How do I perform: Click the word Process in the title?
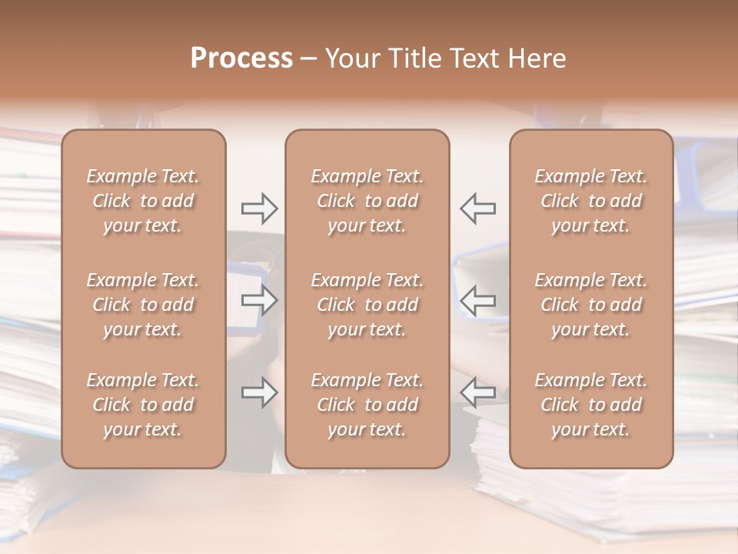click(x=241, y=58)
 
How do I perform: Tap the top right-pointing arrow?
click(x=259, y=208)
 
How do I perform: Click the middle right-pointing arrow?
click(x=259, y=300)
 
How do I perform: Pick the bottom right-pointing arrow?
click(x=259, y=392)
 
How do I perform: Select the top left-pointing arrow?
click(x=478, y=208)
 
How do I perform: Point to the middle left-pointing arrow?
click(x=478, y=300)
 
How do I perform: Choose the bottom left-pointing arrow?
click(x=478, y=392)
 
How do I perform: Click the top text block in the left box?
click(x=143, y=201)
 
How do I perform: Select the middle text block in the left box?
click(x=143, y=305)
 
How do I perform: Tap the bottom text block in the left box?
click(x=143, y=405)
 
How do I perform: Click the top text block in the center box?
click(x=367, y=201)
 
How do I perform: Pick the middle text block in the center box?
click(x=367, y=305)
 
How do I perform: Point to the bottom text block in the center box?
click(x=367, y=405)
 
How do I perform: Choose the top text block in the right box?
click(x=591, y=201)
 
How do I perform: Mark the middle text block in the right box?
click(x=591, y=305)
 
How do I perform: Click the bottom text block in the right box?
click(x=591, y=405)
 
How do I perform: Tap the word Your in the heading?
click(x=352, y=58)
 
